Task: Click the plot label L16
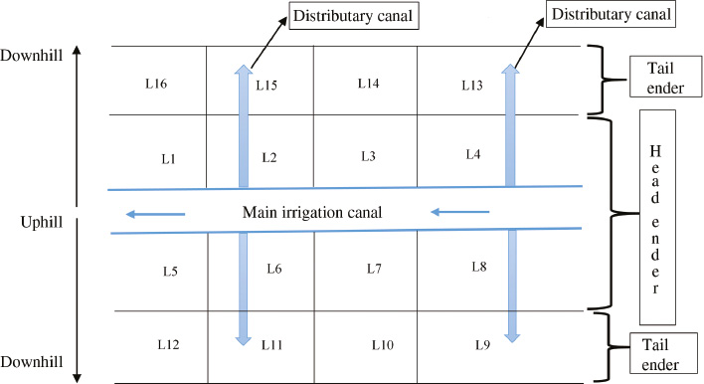coord(155,86)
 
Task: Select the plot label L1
coord(168,158)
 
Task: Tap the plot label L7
coord(374,269)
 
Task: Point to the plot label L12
coord(168,344)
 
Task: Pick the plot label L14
coord(368,85)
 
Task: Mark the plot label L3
coord(368,156)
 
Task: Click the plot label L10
coord(383,344)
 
